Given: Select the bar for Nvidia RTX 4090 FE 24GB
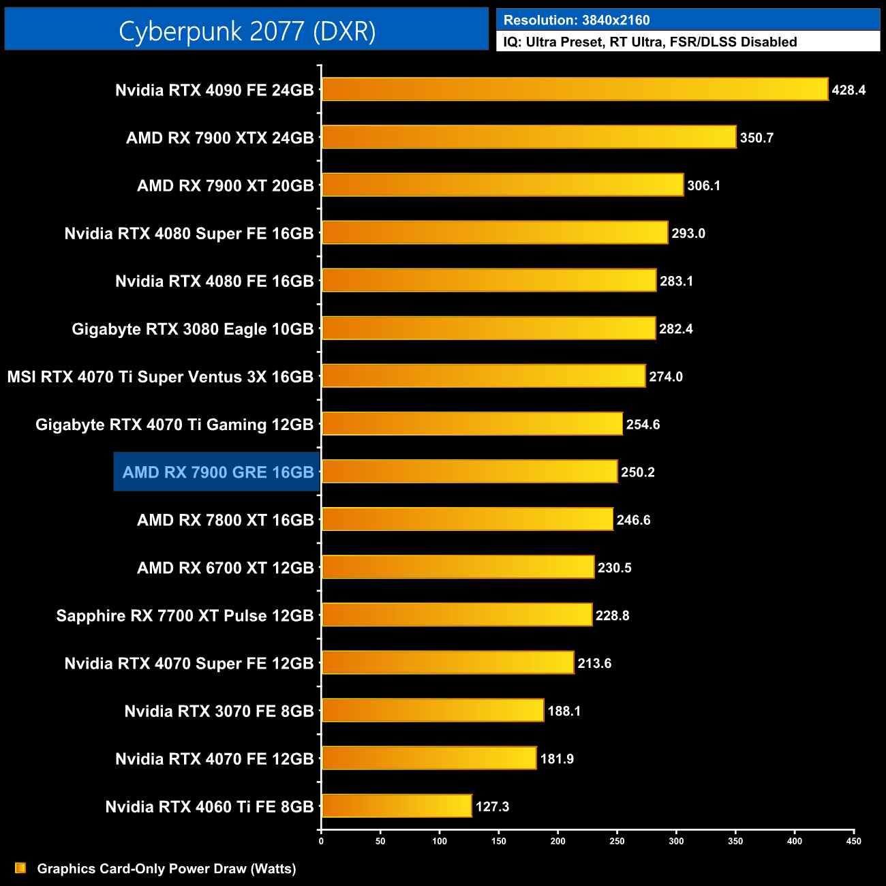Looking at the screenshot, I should click(575, 89).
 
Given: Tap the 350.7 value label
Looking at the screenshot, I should click(757, 138).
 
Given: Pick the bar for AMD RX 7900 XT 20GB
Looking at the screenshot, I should click(502, 185).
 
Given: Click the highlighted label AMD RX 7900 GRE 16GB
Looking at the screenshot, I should click(218, 472).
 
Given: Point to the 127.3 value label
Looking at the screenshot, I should click(492, 807).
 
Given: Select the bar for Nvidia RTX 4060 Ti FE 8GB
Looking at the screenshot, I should click(397, 806).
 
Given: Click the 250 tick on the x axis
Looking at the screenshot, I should click(617, 841).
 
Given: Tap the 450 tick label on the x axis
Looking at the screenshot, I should click(853, 841).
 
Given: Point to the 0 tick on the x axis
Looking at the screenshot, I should click(321, 841).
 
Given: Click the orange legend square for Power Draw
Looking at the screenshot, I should click(20, 868).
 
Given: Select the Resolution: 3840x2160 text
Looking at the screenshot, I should click(577, 20).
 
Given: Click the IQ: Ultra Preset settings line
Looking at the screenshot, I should click(650, 42).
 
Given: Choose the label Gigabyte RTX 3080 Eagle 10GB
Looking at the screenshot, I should click(192, 329).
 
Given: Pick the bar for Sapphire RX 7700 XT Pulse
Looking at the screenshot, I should click(457, 615).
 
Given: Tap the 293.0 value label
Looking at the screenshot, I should click(688, 233).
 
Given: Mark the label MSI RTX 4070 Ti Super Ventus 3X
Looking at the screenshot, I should click(160, 377).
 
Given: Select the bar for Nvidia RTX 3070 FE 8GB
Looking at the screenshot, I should click(433, 710).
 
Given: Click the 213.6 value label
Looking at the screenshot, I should click(594, 663).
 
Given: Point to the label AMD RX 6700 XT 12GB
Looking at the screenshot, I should click(225, 568).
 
